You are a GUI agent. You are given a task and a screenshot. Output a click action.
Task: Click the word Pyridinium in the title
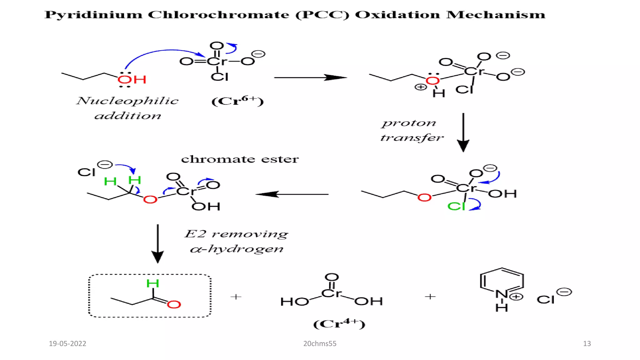coord(93,15)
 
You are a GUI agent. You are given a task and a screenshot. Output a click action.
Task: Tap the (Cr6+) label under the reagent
coord(237,101)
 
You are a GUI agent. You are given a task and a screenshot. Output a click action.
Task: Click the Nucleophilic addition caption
coord(127,108)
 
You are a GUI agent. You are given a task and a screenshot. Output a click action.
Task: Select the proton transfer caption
coord(411,130)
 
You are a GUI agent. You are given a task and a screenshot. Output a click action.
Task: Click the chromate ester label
coord(240,159)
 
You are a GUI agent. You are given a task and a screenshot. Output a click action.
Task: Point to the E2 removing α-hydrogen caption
coord(237,241)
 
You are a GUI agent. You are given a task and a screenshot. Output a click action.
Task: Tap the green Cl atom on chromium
coord(456,206)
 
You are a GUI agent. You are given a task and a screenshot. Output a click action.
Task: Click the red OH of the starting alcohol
coord(132,79)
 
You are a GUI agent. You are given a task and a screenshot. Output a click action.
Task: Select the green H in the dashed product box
coord(153,283)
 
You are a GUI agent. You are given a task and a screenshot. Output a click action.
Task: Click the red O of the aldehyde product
coord(174,304)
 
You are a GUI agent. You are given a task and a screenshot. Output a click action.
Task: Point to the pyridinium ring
coord(502,281)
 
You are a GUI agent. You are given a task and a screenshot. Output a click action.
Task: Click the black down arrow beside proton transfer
coord(463,132)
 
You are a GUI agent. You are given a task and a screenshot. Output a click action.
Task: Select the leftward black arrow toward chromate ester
coord(292,194)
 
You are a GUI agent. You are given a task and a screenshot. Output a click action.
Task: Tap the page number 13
coord(587,343)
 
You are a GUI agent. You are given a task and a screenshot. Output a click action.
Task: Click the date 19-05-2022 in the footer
coord(67,343)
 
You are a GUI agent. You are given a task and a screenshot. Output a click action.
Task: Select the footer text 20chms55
coord(320,343)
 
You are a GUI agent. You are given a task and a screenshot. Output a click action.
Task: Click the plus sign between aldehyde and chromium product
coord(236,296)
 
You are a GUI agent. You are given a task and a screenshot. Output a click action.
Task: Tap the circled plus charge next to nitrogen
coord(516,297)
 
